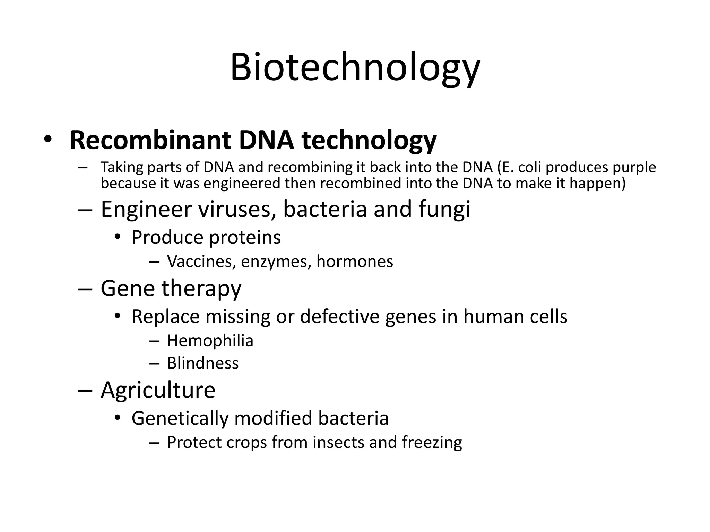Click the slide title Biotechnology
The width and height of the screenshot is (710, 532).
click(x=355, y=68)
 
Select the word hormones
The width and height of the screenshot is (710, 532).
click(x=355, y=261)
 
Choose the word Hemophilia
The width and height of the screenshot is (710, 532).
click(x=210, y=341)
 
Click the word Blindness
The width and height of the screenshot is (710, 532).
click(x=203, y=363)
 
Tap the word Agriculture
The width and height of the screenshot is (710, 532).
click(x=158, y=390)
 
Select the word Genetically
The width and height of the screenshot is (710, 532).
click(x=180, y=418)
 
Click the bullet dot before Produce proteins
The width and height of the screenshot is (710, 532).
click(x=118, y=237)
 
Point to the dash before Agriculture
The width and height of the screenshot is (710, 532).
click(x=85, y=390)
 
